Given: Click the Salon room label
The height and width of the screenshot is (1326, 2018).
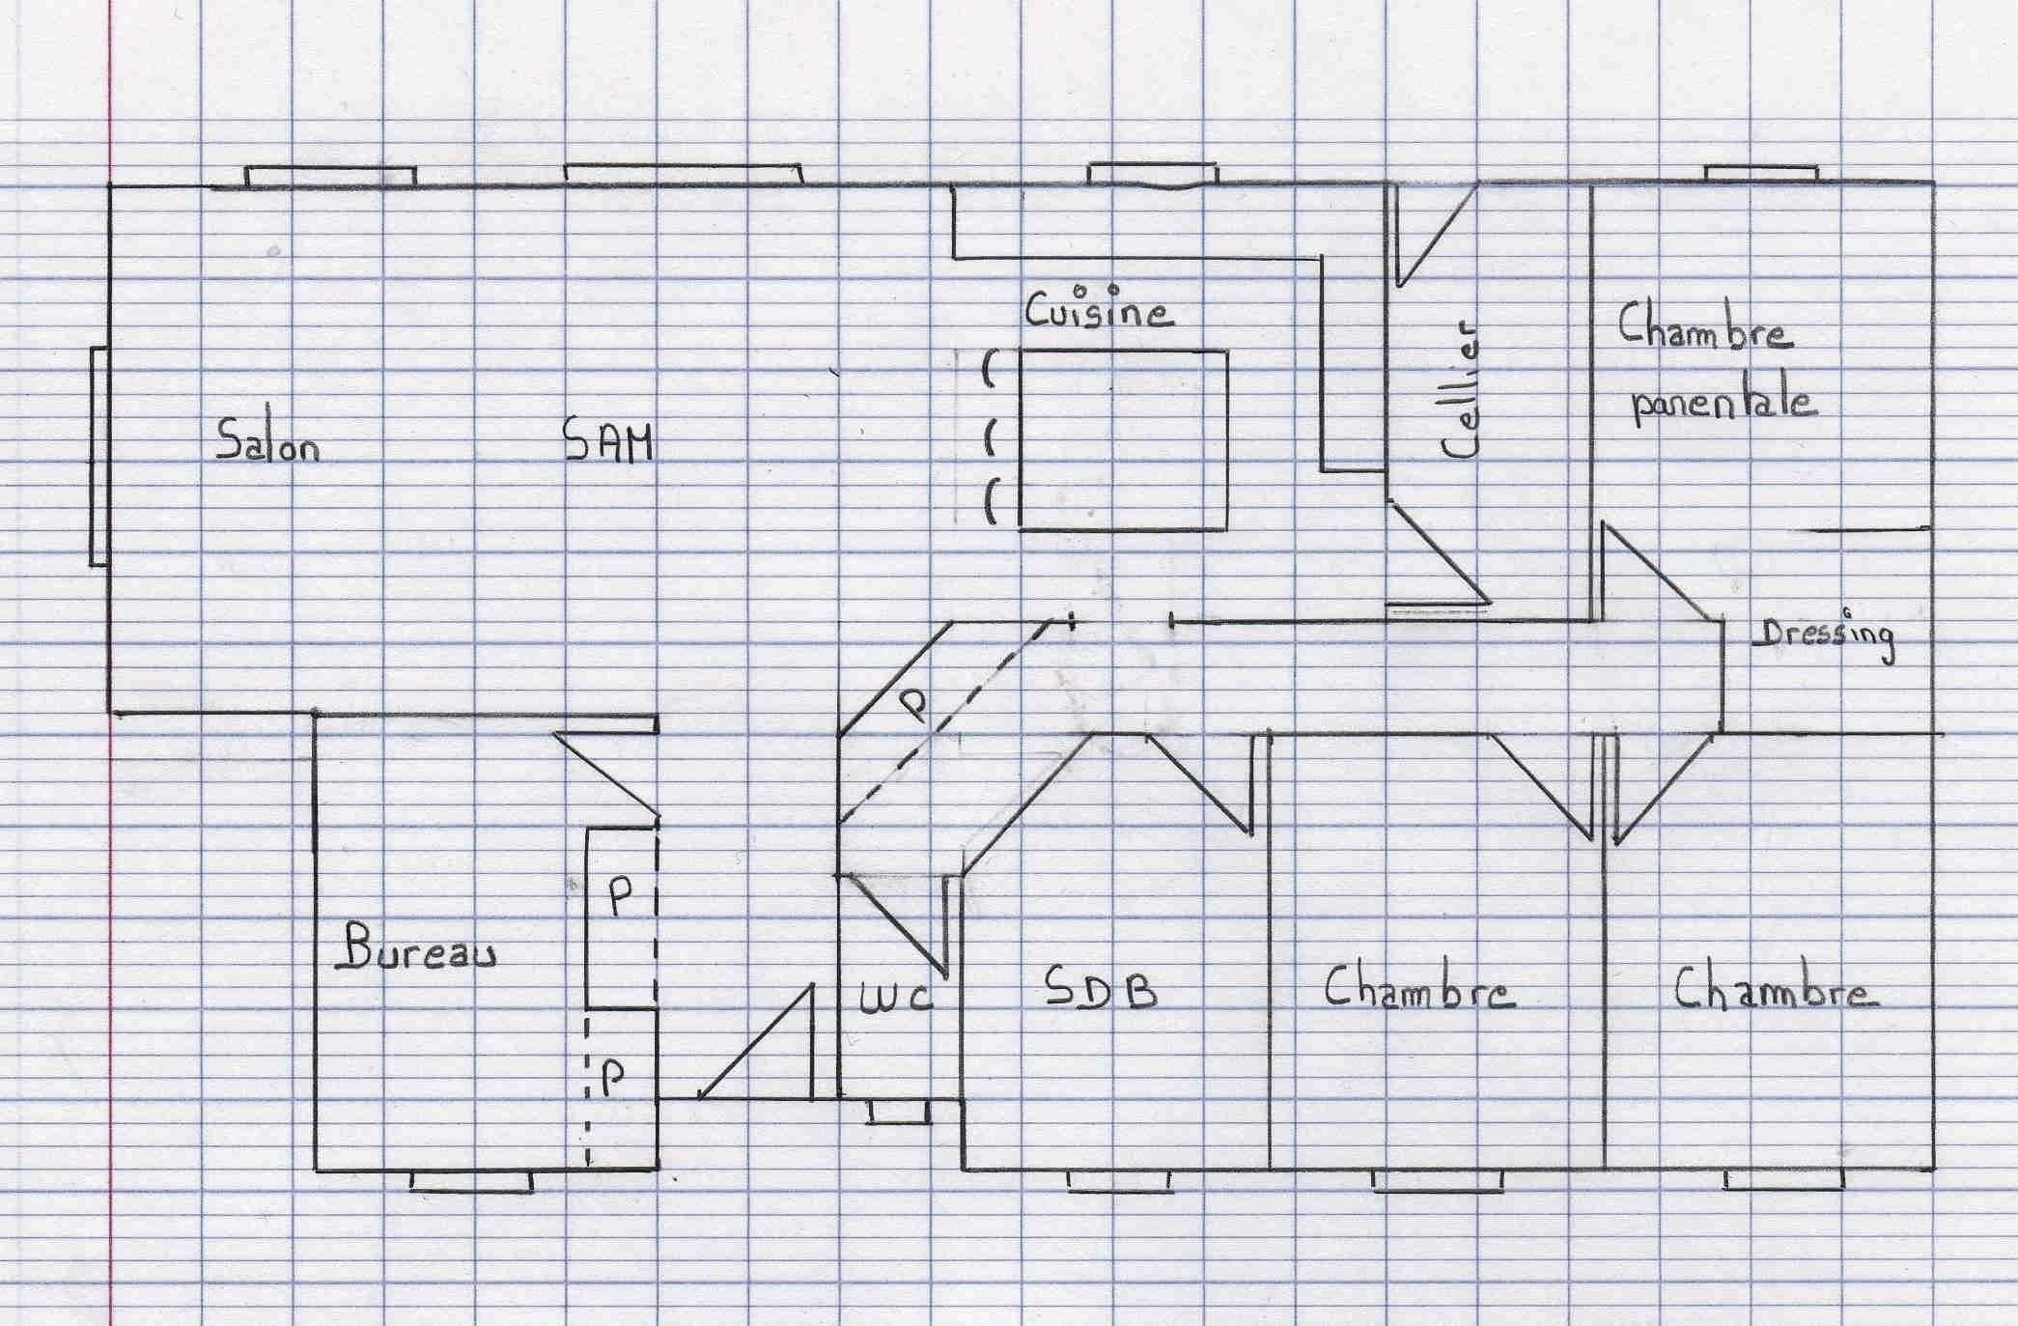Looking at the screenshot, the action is (x=267, y=440).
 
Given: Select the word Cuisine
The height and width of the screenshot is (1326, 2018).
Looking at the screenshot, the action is (x=1099, y=307).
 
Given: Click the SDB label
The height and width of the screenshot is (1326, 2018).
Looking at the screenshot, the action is (x=1102, y=987).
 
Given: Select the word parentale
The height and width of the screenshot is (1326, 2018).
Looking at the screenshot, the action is (x=1724, y=403).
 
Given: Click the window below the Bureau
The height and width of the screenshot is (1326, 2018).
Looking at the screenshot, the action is (x=471, y=1181).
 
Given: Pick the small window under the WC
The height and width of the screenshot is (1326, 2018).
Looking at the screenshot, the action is (x=900, y=1112).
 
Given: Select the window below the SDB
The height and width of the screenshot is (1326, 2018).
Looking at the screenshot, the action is (x=1118, y=1181).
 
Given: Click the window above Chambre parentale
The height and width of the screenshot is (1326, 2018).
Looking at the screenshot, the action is (x=1761, y=174).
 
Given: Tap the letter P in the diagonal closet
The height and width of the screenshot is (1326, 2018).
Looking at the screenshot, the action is (x=915, y=706).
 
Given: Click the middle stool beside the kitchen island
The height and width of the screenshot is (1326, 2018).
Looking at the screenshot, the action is (x=990, y=439).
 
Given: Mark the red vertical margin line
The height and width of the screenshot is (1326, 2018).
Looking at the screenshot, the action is (x=112, y=663).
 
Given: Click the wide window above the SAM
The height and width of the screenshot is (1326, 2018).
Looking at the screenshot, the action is (x=684, y=174).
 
